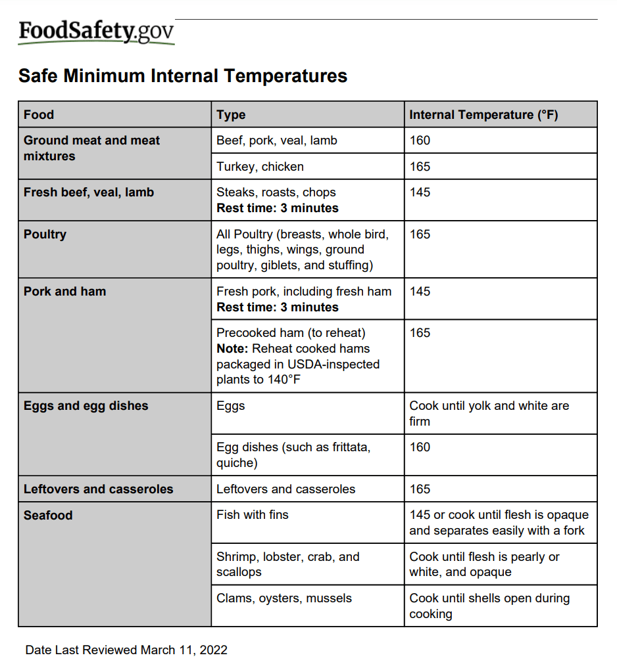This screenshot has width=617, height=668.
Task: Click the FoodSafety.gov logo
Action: click(96, 32)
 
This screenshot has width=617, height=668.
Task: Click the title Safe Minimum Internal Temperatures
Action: click(183, 76)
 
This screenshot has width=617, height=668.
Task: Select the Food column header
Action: click(39, 115)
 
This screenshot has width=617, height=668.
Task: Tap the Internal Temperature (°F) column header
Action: click(483, 115)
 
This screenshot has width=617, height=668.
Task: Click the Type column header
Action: click(231, 115)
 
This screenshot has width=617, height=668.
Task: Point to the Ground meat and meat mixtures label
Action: click(91, 148)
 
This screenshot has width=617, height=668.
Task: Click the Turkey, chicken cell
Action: click(260, 167)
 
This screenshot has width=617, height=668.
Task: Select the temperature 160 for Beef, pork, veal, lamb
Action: click(420, 141)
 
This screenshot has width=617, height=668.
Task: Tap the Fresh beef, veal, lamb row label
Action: click(89, 192)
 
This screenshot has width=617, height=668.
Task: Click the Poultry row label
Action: click(45, 234)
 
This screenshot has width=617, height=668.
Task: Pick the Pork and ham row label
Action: click(64, 292)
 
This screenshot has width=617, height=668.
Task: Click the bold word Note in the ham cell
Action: click(231, 349)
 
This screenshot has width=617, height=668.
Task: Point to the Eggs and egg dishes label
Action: click(86, 406)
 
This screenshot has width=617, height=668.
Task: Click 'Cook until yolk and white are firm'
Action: click(489, 413)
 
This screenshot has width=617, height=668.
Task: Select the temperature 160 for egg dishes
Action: click(420, 447)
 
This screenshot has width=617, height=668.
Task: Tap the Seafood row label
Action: click(48, 516)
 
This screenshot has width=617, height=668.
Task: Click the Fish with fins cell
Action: click(253, 515)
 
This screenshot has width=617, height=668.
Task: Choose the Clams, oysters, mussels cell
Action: click(284, 598)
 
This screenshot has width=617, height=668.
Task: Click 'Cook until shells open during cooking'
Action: click(489, 606)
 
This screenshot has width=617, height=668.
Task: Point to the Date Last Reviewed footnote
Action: click(126, 650)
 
